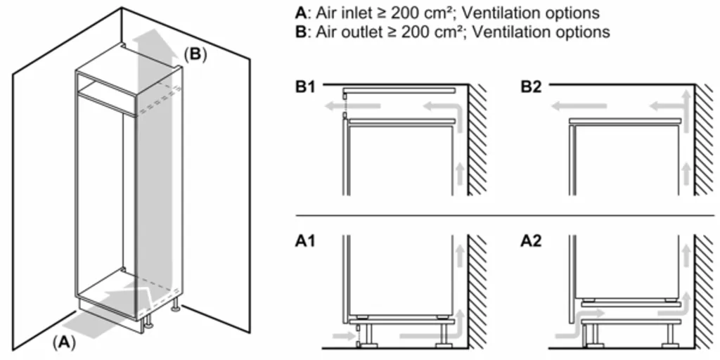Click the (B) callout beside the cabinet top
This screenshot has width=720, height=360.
pyautogui.click(x=195, y=54)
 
